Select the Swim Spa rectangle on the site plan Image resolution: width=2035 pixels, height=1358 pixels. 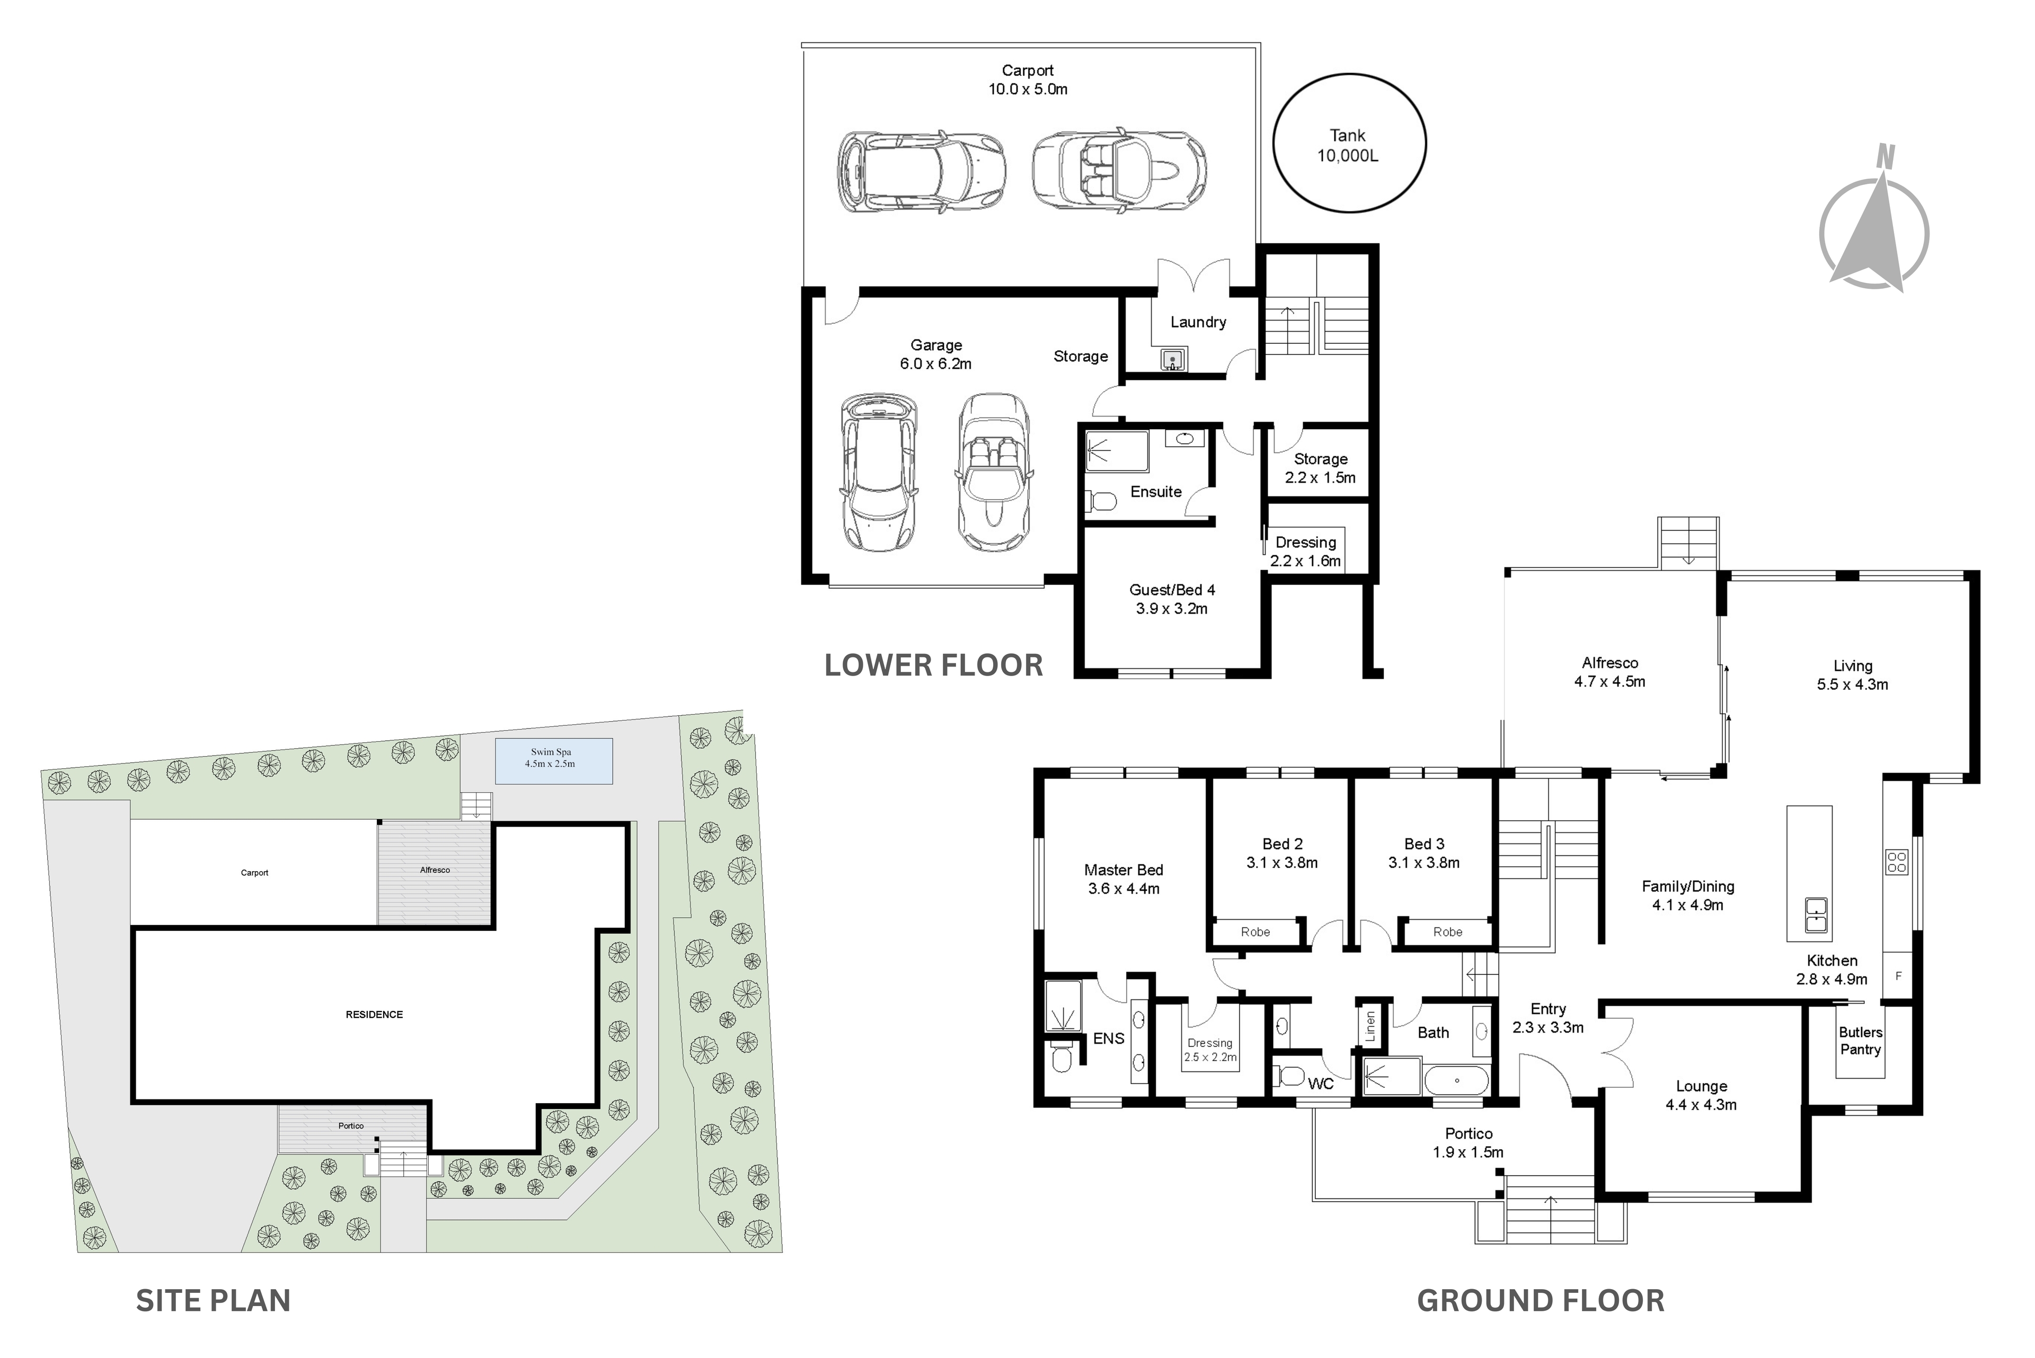pyautogui.click(x=554, y=760)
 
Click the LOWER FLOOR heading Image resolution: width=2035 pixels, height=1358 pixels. pyautogui.click(x=933, y=665)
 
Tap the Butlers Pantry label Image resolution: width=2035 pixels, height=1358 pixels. pyautogui.click(x=1860, y=1040)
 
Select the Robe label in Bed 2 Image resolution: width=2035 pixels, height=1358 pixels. pyautogui.click(x=1255, y=932)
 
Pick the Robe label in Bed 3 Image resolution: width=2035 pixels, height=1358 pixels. pyautogui.click(x=1448, y=932)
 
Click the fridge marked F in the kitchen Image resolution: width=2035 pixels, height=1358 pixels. pyautogui.click(x=1898, y=976)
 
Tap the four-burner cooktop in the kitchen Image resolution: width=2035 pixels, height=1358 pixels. pyautogui.click(x=1897, y=862)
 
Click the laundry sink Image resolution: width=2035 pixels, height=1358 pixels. pyautogui.click(x=1172, y=359)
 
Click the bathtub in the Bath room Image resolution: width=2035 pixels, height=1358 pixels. pyautogui.click(x=1457, y=1081)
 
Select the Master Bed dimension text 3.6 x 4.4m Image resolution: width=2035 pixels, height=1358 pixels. pyautogui.click(x=1123, y=889)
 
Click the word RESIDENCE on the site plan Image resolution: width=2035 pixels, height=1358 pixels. pyautogui.click(x=374, y=1014)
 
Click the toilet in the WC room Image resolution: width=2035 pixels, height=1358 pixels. pyautogui.click(x=1289, y=1077)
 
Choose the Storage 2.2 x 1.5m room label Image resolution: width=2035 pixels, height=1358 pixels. pyautogui.click(x=1320, y=468)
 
